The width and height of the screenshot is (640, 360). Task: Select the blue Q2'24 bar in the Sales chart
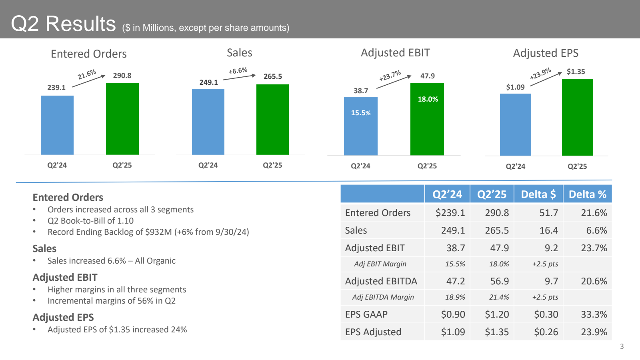208,122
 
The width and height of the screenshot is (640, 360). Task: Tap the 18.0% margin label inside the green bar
428,99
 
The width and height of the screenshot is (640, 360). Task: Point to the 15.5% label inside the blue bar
360,113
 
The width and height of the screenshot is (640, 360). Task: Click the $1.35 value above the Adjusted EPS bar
576,72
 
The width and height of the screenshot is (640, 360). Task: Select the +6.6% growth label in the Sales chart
238,71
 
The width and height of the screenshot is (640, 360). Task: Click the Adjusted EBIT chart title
395,53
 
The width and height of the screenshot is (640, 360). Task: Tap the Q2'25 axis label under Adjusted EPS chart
577,166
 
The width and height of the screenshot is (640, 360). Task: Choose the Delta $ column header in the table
538,194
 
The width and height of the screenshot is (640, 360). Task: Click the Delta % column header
587,194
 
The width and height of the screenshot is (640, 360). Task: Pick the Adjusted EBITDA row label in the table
381,281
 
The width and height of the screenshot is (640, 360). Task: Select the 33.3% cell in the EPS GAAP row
594,314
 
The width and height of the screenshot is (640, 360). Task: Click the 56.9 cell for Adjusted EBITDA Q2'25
499,281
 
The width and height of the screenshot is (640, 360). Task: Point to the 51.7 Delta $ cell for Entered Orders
548,213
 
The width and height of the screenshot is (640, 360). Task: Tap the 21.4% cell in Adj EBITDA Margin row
499,297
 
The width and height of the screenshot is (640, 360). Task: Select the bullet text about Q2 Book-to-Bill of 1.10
90,221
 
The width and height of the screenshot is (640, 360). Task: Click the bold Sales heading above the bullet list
44,248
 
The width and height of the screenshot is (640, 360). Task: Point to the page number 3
622,346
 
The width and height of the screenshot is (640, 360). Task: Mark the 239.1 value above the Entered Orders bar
56,88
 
